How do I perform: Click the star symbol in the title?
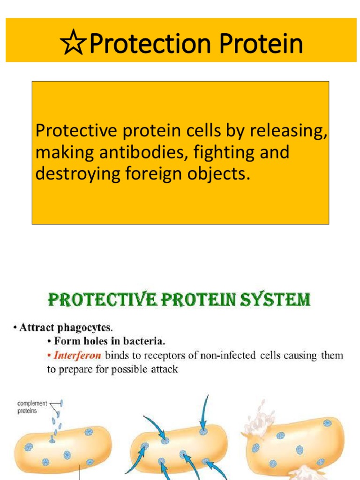tap(74, 45)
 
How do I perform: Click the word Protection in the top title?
tap(145, 45)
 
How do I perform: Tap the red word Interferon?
tap(77, 355)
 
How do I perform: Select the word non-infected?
tap(227, 355)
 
